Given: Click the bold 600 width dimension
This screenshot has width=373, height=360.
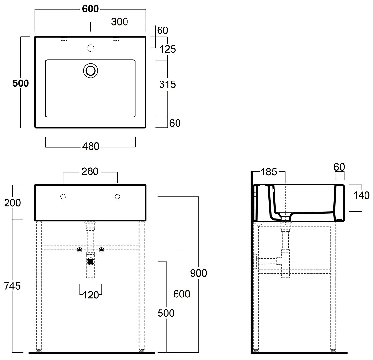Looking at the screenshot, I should [x=90, y=9].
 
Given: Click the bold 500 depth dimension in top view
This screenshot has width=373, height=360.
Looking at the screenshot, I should [x=21, y=83].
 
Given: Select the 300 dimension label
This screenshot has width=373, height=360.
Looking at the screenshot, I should [x=120, y=22].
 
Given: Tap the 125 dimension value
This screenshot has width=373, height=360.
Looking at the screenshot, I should [x=168, y=49].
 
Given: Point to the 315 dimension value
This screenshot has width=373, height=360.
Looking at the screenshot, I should [x=167, y=84].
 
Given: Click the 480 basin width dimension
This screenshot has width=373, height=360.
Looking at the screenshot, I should [x=91, y=147].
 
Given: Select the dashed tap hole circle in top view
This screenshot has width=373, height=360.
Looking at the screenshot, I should [x=91, y=48].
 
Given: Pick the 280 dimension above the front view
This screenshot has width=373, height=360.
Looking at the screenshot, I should [x=90, y=171].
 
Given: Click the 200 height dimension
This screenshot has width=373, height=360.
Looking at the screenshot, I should [x=13, y=203].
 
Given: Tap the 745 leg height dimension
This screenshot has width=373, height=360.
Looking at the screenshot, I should [x=13, y=286].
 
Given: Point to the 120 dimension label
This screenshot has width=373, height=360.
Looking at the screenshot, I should [x=91, y=295].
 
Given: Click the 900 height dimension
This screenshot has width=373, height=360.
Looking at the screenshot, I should [x=198, y=273].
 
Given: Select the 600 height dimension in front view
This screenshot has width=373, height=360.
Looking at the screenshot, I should [x=182, y=294].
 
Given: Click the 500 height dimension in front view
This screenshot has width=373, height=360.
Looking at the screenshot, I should [x=166, y=313].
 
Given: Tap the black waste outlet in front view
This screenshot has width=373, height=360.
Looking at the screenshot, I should [x=91, y=261].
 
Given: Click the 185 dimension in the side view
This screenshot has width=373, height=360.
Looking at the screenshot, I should [x=269, y=172].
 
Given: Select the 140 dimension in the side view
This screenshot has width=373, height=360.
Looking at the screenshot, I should [x=362, y=196].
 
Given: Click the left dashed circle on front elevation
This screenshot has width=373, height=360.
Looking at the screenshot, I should [x=63, y=197].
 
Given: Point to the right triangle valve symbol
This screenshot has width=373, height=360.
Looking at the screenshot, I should [x=102, y=250].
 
